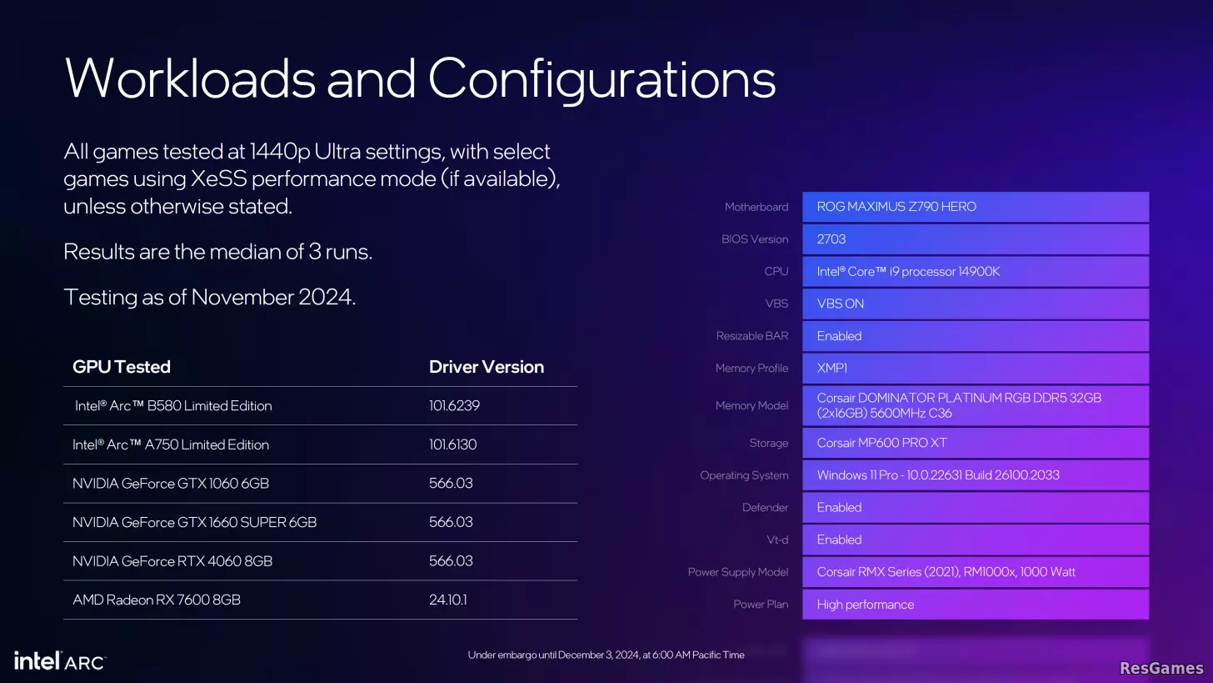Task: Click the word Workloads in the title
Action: coord(190,78)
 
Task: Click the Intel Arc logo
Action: coord(60,660)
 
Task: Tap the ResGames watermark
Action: coord(1161,668)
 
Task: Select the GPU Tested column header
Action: coord(122,367)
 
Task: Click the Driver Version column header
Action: coord(487,367)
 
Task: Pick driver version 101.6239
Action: coord(454,405)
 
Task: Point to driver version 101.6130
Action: coord(452,444)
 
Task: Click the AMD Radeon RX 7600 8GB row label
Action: coord(157,600)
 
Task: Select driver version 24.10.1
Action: coord(448,600)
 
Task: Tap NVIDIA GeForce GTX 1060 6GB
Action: coord(171,483)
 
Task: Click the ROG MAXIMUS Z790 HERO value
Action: coord(896,207)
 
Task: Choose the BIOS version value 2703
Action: coord(831,239)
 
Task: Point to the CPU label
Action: coord(776,271)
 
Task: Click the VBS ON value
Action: coord(840,304)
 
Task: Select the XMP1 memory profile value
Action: coord(831,368)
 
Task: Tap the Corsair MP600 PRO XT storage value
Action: coord(881,443)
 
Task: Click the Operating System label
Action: coord(744,475)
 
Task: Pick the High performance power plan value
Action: coord(866,605)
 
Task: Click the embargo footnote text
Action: coord(606,655)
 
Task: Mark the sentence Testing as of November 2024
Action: coord(210,297)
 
